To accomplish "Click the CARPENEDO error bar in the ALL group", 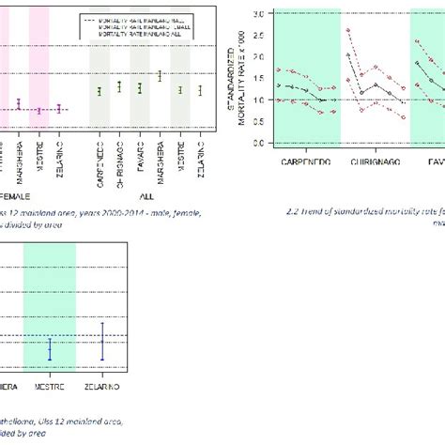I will (x=99, y=90).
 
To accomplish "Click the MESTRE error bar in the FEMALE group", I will (x=39, y=110).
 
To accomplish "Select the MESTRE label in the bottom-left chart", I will (x=51, y=386).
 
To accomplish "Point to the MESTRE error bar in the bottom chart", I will (x=51, y=351).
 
